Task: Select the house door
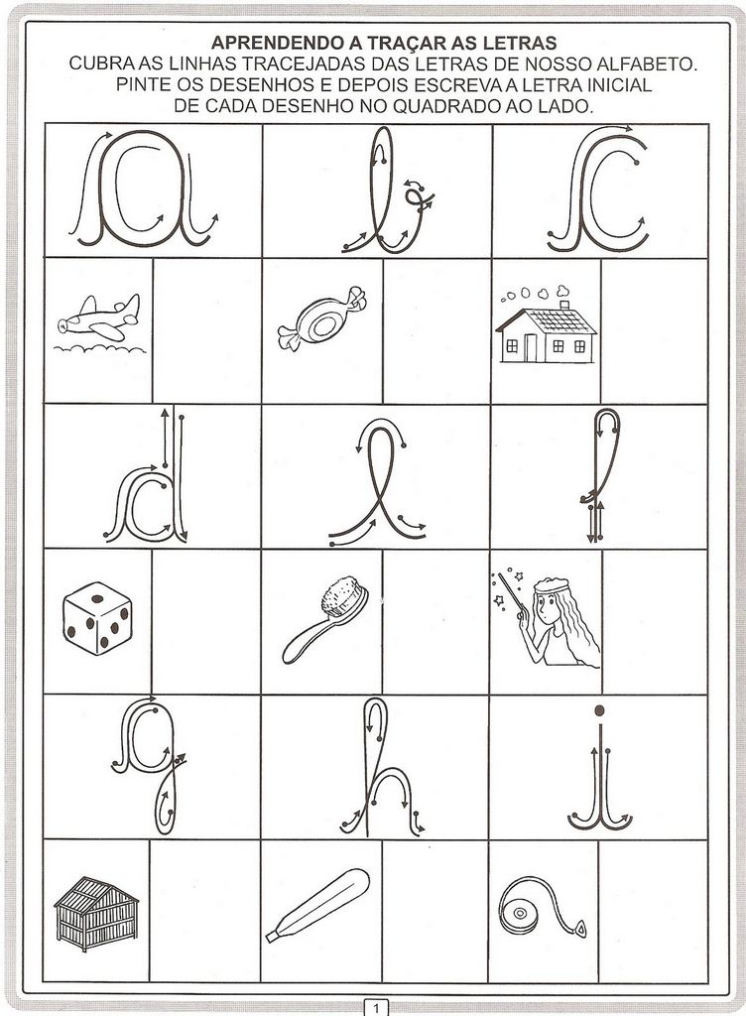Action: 531,348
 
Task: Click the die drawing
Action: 97,618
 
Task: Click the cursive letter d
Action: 147,476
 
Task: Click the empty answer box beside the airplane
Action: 207,330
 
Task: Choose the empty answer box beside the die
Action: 206,622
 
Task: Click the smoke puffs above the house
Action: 535,293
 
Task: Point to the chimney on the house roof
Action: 564,305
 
